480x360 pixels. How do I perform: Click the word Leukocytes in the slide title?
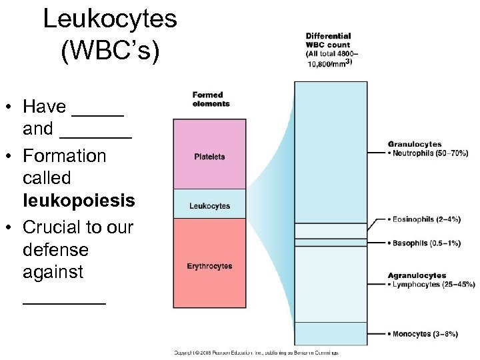coord(110,19)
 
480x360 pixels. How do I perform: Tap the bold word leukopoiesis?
coord(79,200)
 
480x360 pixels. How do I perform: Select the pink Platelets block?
coord(209,155)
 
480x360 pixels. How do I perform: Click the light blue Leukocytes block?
coord(209,205)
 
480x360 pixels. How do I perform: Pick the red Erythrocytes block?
coord(209,265)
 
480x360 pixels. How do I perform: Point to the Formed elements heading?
coord(211,99)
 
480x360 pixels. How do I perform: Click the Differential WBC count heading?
coord(329,49)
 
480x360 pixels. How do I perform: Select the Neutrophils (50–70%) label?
coord(430,153)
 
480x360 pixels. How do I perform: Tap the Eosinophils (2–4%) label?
coord(427,219)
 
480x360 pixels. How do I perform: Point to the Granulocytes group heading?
coord(415,144)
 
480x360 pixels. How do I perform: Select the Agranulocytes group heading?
coord(417,275)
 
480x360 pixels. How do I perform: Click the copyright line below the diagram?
coord(257,353)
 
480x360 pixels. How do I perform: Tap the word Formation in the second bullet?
coord(65,155)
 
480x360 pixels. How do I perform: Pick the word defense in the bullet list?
coord(55,249)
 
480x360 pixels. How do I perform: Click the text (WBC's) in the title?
coord(110,52)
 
